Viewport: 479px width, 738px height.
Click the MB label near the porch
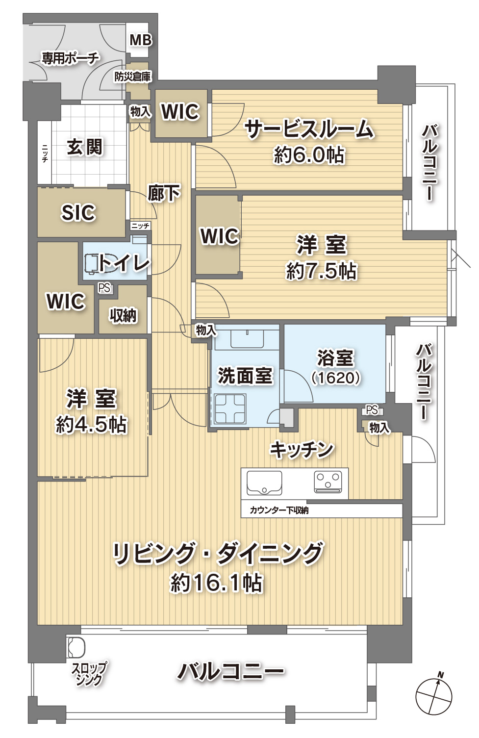tap(141, 40)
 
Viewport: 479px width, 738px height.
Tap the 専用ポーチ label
tap(70, 59)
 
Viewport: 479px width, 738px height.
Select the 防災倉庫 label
tap(132, 77)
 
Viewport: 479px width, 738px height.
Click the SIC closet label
tap(78, 212)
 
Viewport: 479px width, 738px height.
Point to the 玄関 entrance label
tap(85, 147)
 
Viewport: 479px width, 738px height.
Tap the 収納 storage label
tap(123, 316)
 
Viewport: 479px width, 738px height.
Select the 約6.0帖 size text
tap(309, 155)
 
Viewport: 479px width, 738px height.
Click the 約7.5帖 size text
tap(321, 271)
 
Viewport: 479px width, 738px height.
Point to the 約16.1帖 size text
tap(216, 583)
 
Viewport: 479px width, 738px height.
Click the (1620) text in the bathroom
tap(336, 378)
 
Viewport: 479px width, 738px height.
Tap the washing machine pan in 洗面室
tap(230, 408)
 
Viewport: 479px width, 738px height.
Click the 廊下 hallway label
tap(164, 192)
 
